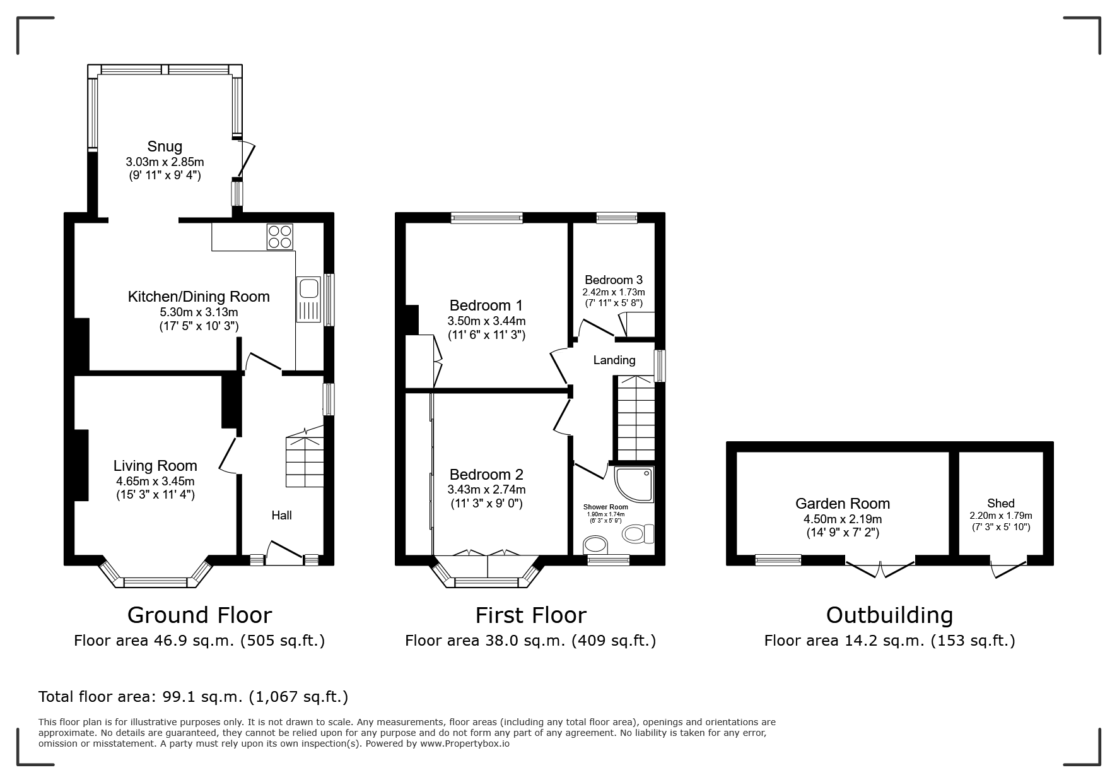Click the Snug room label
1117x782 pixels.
click(x=165, y=146)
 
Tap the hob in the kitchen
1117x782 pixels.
click(x=280, y=237)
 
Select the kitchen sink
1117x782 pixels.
click(x=309, y=300)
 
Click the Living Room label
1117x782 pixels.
click(x=155, y=466)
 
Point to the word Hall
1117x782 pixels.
click(x=281, y=515)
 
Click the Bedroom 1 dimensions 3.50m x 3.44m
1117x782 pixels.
click(x=486, y=321)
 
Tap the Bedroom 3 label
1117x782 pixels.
click(x=614, y=280)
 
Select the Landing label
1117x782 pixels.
click(x=614, y=360)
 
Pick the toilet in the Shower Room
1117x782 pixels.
click(x=638, y=534)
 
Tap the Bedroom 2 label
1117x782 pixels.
click(x=486, y=475)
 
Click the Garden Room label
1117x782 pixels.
click(x=843, y=504)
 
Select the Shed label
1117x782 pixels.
click(x=1001, y=503)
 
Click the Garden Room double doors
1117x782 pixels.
click(x=879, y=566)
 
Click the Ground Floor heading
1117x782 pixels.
click(x=199, y=615)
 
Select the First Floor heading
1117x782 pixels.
click(x=530, y=615)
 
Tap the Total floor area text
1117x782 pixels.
click(x=194, y=697)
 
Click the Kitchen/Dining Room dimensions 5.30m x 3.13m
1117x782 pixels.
click(x=199, y=312)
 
